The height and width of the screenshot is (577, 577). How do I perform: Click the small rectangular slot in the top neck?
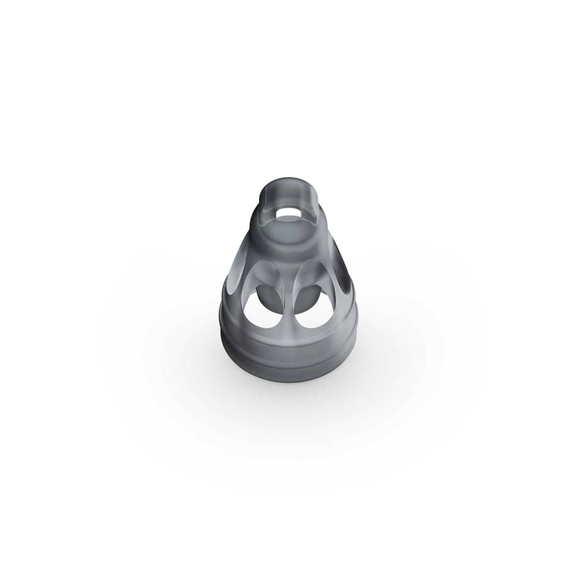tap(288, 212)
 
